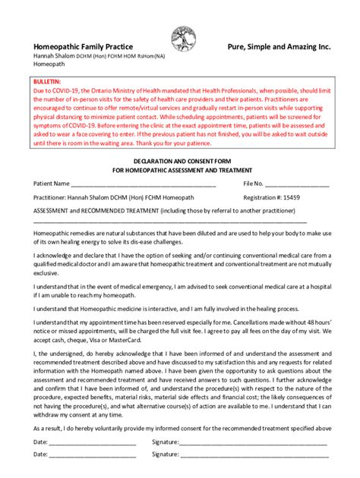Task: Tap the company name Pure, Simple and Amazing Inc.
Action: pos(279,47)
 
